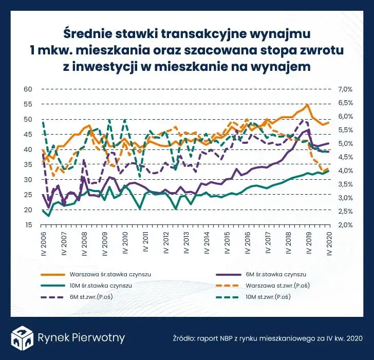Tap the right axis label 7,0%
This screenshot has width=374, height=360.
pos(344,89)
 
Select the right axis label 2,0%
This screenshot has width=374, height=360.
pos(344,225)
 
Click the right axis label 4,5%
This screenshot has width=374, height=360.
pos(344,157)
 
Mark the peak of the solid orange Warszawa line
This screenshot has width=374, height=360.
pos(307,105)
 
